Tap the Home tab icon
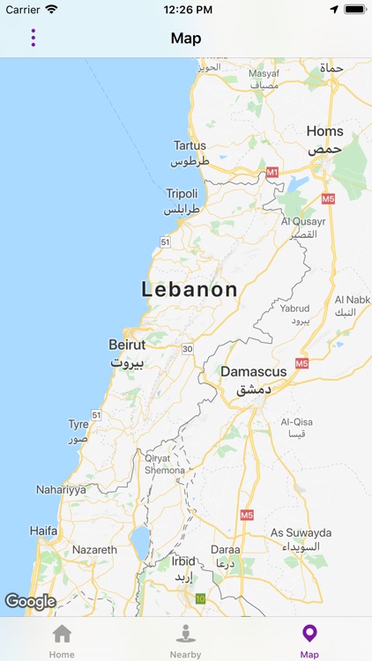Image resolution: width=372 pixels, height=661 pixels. click(62, 635)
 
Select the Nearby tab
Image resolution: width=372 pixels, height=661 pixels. click(185, 635)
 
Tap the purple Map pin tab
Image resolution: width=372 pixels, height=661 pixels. click(309, 635)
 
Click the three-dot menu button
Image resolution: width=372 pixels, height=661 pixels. click(33, 38)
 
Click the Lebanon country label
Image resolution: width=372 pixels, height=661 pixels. click(190, 290)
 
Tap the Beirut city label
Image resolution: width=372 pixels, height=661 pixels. click(127, 345)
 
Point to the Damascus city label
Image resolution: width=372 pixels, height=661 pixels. click(253, 372)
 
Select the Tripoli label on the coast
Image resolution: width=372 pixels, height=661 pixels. click(182, 194)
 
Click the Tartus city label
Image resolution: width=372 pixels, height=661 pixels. click(190, 146)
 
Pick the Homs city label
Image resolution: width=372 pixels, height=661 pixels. click(324, 131)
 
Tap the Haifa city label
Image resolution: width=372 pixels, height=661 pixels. click(43, 531)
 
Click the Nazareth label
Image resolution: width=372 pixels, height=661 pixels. click(94, 550)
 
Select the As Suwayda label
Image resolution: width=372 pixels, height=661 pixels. click(301, 533)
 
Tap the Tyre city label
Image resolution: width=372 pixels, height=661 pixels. click(78, 424)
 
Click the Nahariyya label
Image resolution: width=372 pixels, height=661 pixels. click(61, 489)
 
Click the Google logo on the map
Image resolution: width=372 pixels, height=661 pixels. click(30, 601)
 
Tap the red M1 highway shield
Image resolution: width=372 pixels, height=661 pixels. click(272, 171)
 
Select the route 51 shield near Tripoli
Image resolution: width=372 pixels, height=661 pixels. click(164, 241)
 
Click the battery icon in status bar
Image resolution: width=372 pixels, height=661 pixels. click(355, 10)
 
